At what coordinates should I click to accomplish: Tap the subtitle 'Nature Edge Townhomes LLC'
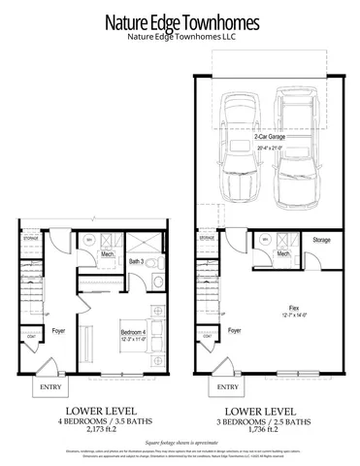180,38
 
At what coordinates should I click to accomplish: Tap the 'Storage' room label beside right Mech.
321,240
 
